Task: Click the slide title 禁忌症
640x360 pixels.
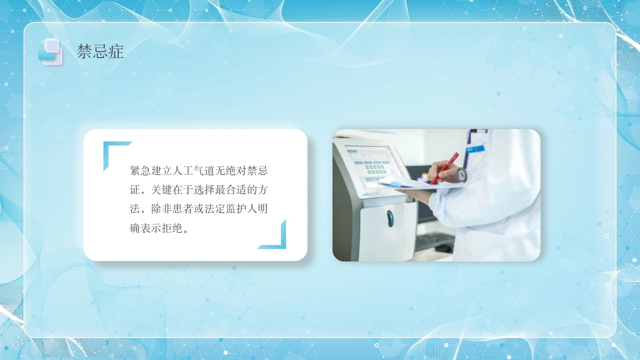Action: pos(100,51)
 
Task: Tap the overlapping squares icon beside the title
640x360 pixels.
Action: pos(50,51)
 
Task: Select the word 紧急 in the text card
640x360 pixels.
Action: pos(140,170)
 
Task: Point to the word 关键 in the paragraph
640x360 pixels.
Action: pos(161,189)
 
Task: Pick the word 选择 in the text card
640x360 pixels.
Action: pos(204,189)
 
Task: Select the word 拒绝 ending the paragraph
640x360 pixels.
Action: pos(172,228)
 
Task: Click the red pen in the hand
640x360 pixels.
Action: pos(444,168)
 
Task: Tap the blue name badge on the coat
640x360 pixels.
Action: pos(475,148)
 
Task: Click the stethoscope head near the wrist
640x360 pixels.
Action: pos(461,174)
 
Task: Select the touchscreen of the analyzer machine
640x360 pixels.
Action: pos(372,165)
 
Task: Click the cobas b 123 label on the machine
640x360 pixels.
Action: pos(370,194)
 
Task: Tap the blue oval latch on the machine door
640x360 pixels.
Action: pos(390,218)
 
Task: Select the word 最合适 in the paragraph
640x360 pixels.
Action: pos(230,189)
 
